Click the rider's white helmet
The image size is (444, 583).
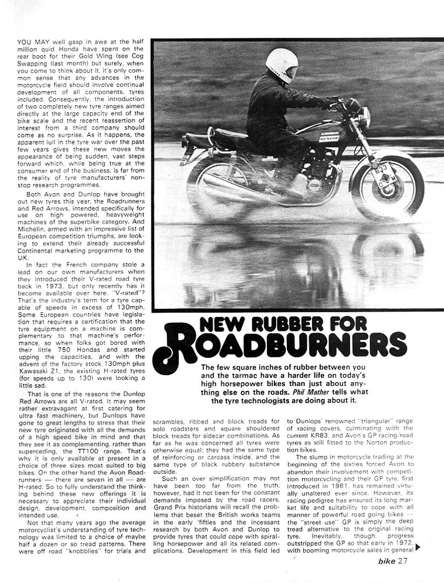point(282,65)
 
